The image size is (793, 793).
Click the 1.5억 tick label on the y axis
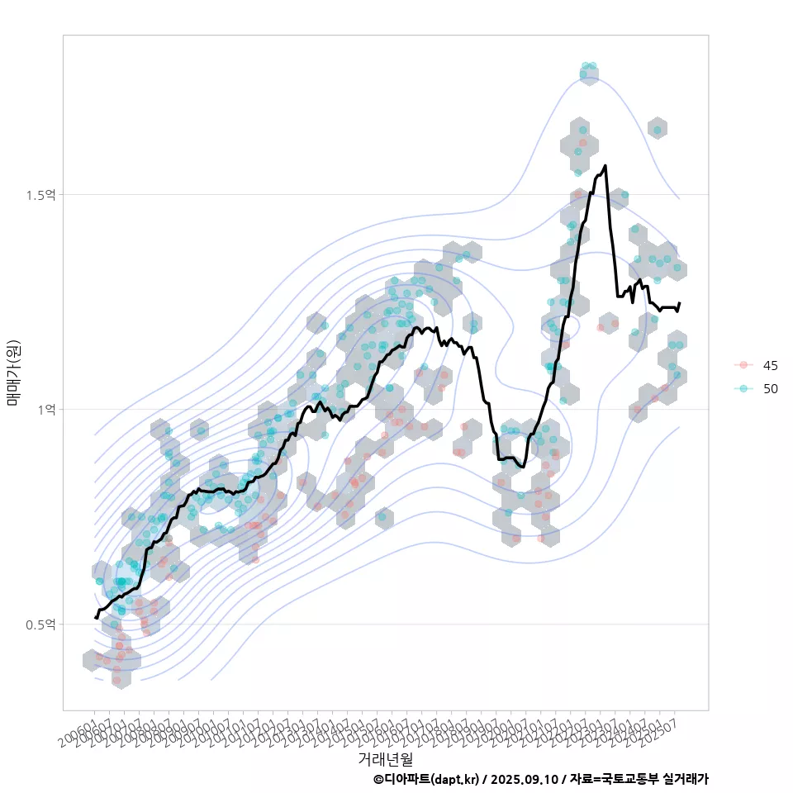40,195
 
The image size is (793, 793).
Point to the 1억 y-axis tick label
46,410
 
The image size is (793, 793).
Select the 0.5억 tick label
40,624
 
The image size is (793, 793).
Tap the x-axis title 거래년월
385,757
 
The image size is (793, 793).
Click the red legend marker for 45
743,365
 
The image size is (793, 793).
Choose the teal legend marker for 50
743,388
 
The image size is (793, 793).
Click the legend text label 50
771,388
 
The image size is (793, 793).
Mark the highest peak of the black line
605,166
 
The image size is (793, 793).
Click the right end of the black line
679,303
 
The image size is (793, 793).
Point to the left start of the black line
96,617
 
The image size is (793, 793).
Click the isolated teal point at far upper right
658,129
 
